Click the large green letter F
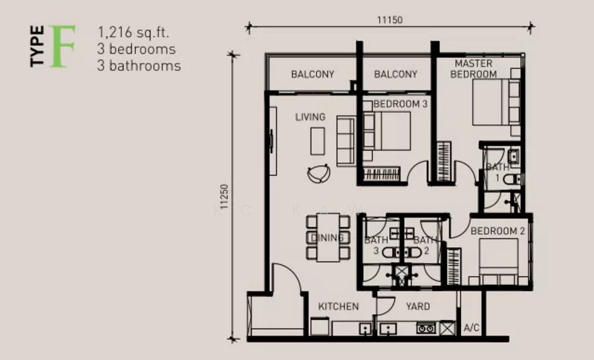pos(62,46)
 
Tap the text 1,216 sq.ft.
pos(133,32)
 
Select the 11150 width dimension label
pos(390,20)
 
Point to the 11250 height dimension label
pos(224,197)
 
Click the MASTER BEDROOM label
pos(474,69)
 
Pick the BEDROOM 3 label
pos(400,104)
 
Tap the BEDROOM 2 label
pos(497,231)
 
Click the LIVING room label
pos(310,117)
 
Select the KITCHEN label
pos(339,307)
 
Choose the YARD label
pos(418,307)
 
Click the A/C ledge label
pos(471,328)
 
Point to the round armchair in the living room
pos(319,174)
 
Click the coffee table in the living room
pos(318,141)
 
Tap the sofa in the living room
pos(346,141)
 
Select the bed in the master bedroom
pos(496,102)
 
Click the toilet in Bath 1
pos(512,179)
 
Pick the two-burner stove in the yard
pos(425,328)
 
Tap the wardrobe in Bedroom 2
pos(454,267)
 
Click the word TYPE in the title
pos(37,46)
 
